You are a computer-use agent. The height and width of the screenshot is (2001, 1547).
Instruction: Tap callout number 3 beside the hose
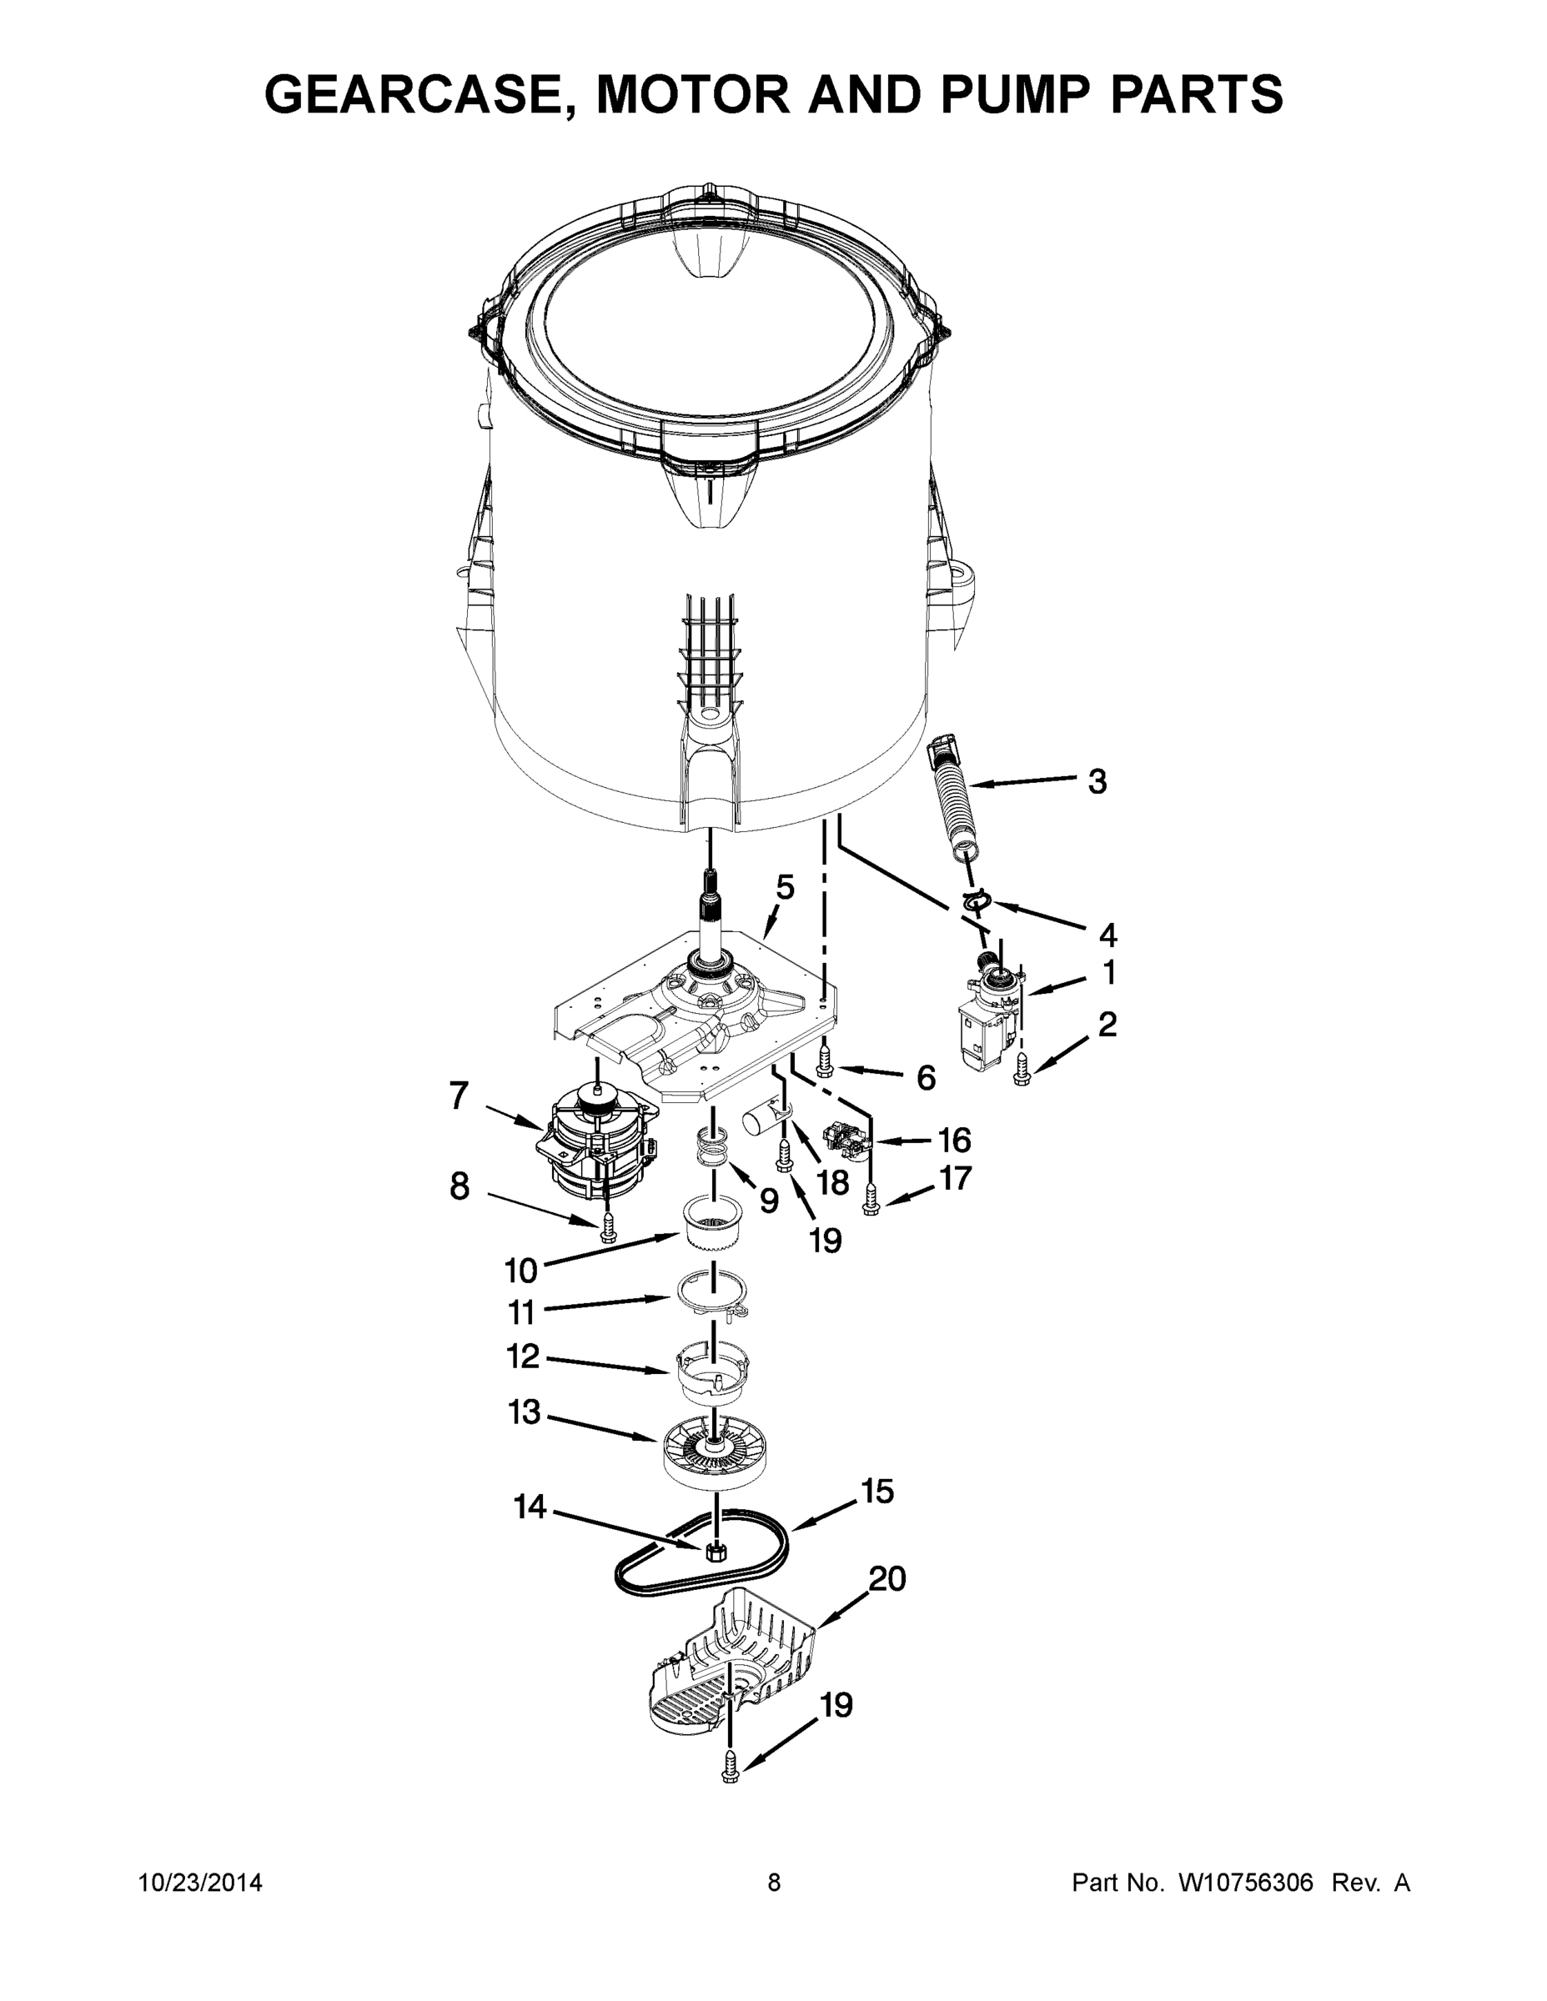coord(1097,781)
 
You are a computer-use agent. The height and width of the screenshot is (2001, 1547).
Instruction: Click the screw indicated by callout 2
coord(1022,1069)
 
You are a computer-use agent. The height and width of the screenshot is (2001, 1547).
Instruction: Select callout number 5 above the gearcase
coord(785,887)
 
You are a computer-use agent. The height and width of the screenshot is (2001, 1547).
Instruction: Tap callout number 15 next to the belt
coord(877,1492)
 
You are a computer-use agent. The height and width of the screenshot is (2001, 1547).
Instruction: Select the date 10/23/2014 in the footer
coord(201,1883)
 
